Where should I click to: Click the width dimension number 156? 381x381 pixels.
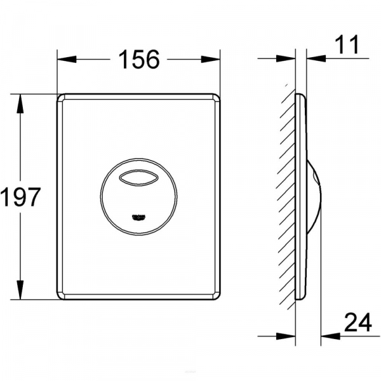click(x=138, y=60)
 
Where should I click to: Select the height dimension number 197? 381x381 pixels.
click(x=20, y=197)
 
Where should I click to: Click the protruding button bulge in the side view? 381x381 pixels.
click(x=316, y=197)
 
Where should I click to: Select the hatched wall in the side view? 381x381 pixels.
click(x=288, y=197)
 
